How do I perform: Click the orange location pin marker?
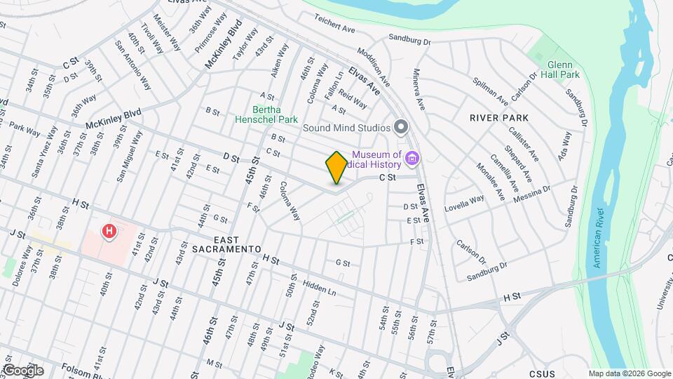pos(336,167)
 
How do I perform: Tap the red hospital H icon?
pos(109,231)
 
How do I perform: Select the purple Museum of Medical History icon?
pos(412,159)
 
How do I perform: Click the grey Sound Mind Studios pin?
pos(401,127)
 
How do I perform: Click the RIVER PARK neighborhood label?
pos(499,118)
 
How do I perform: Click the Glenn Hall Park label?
pos(564,69)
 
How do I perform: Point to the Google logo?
pos(22,370)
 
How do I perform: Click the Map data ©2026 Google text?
pos(629,374)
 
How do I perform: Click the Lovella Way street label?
pos(464,204)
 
